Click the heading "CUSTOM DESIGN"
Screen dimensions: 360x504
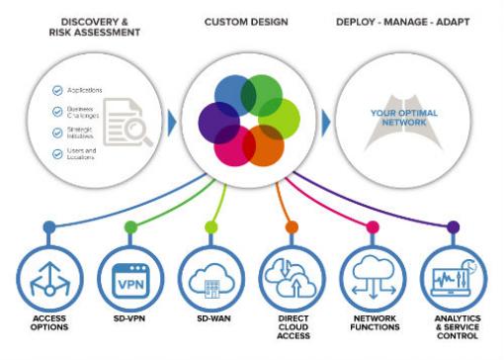(248, 21)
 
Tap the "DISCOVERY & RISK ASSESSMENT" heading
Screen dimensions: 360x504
(92, 27)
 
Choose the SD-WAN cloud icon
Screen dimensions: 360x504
(210, 281)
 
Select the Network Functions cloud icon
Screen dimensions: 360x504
(373, 281)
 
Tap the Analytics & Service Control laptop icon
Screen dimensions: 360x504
(453, 281)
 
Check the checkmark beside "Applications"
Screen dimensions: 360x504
(58, 90)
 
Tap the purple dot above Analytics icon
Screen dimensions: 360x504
(453, 226)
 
